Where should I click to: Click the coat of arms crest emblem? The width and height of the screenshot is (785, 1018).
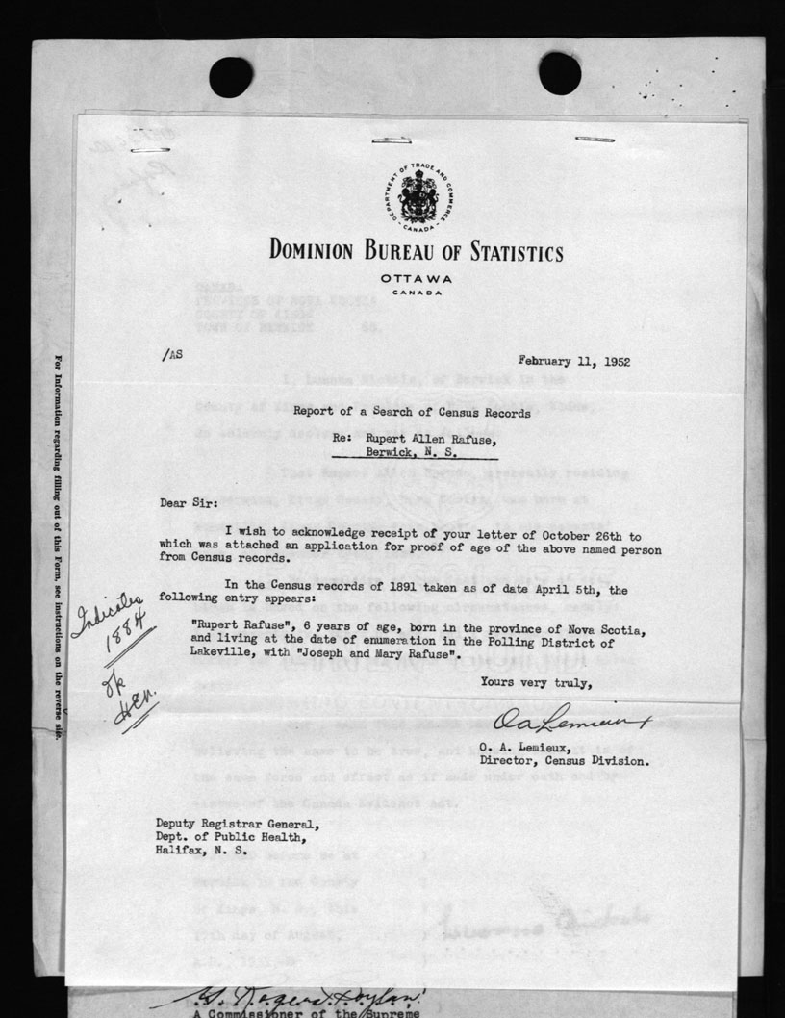click(x=415, y=197)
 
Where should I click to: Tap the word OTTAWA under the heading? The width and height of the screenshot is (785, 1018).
click(x=416, y=279)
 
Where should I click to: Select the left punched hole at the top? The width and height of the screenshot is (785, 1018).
click(x=230, y=76)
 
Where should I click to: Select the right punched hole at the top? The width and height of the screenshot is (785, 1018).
click(x=559, y=73)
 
